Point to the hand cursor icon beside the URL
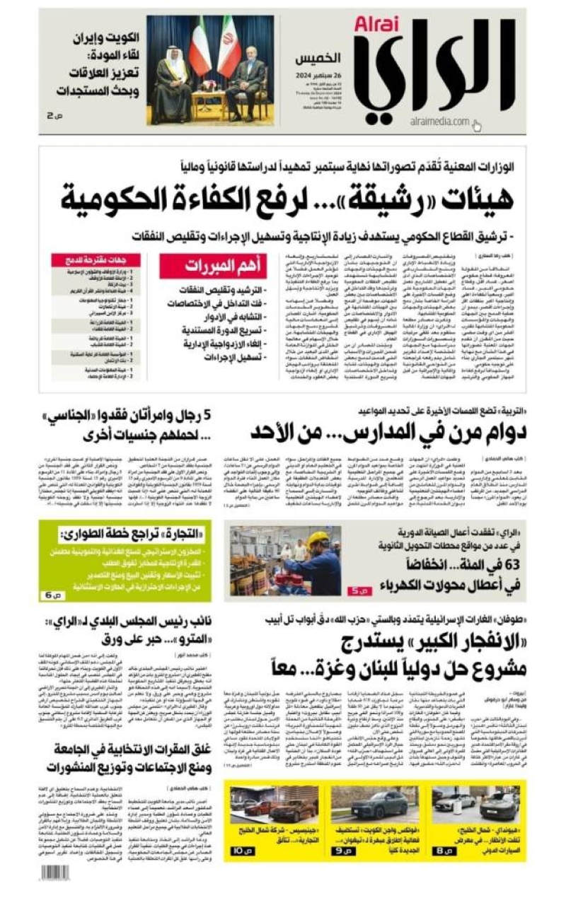(x=477, y=126)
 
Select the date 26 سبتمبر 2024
(x=318, y=75)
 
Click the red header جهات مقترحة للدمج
(x=96, y=260)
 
